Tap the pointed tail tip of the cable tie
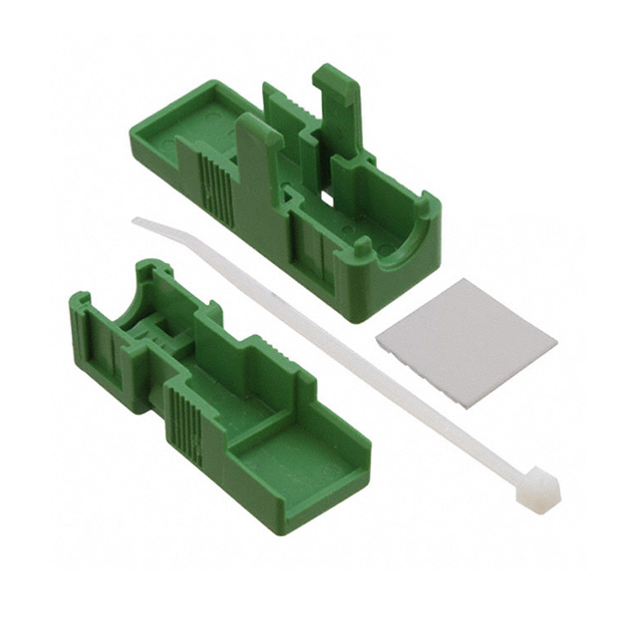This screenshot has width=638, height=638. tap(137, 221)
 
